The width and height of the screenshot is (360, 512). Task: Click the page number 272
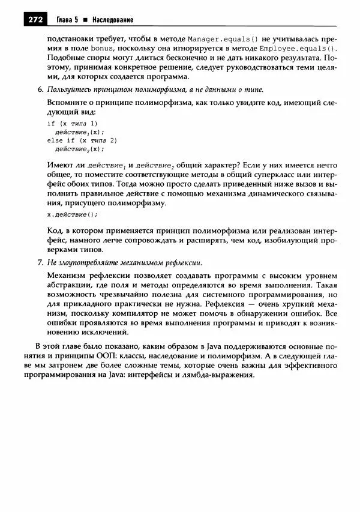[35, 20]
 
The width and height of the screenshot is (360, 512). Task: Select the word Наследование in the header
[112, 20]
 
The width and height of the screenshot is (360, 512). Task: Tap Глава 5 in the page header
[69, 20]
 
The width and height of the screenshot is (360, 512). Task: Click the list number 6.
[39, 89]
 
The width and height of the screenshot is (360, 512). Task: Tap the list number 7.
[39, 262]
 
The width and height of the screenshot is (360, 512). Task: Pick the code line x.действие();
[71, 214]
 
